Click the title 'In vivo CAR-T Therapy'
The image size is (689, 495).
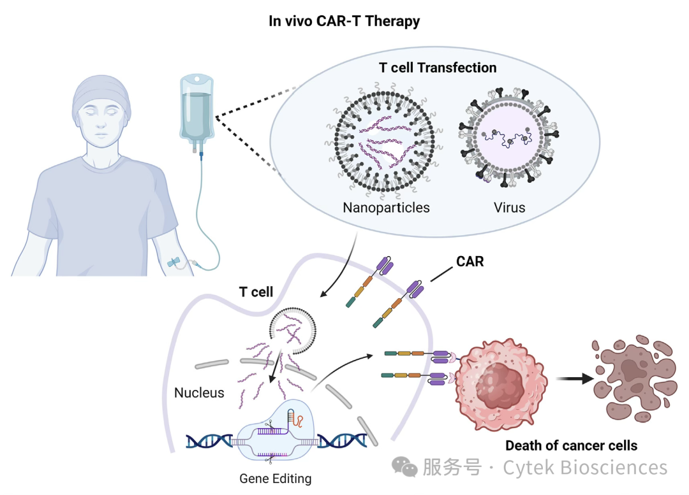pos(344,21)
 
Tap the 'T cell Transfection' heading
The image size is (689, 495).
pos(438,68)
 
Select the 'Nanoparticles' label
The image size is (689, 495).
pos(386,207)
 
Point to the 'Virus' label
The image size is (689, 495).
pos(509,207)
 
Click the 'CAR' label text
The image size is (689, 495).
pos(470,262)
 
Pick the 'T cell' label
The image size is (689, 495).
pos(256,292)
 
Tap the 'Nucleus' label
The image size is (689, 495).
pos(199,392)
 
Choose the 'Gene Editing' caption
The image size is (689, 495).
pos(276,478)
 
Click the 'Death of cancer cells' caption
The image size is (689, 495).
pos(571,445)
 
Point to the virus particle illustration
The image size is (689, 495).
pos(508,137)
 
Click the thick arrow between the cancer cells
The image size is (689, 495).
pos(575,378)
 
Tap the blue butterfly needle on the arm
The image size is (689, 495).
pos(174,262)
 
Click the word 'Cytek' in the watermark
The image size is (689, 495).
pos(528,468)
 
